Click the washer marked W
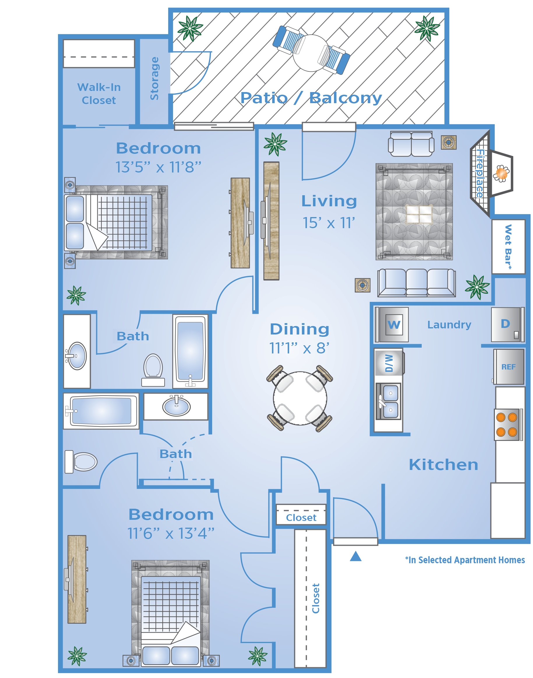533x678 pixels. coord(392,325)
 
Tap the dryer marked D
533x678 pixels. coord(506,325)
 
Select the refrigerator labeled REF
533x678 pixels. coord(509,367)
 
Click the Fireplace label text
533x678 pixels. coord(480,173)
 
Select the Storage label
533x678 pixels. coord(154,78)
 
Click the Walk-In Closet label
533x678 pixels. coord(99,94)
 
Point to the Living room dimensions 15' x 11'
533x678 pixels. coord(329,223)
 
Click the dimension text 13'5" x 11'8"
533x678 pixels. coord(158,167)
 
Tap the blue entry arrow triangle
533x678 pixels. coord(356,556)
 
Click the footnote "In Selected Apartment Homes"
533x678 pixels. coord(465,560)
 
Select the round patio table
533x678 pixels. coord(311,53)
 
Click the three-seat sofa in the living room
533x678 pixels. coord(416,283)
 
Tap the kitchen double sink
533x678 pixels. coord(388,401)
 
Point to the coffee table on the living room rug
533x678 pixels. coord(419,214)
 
